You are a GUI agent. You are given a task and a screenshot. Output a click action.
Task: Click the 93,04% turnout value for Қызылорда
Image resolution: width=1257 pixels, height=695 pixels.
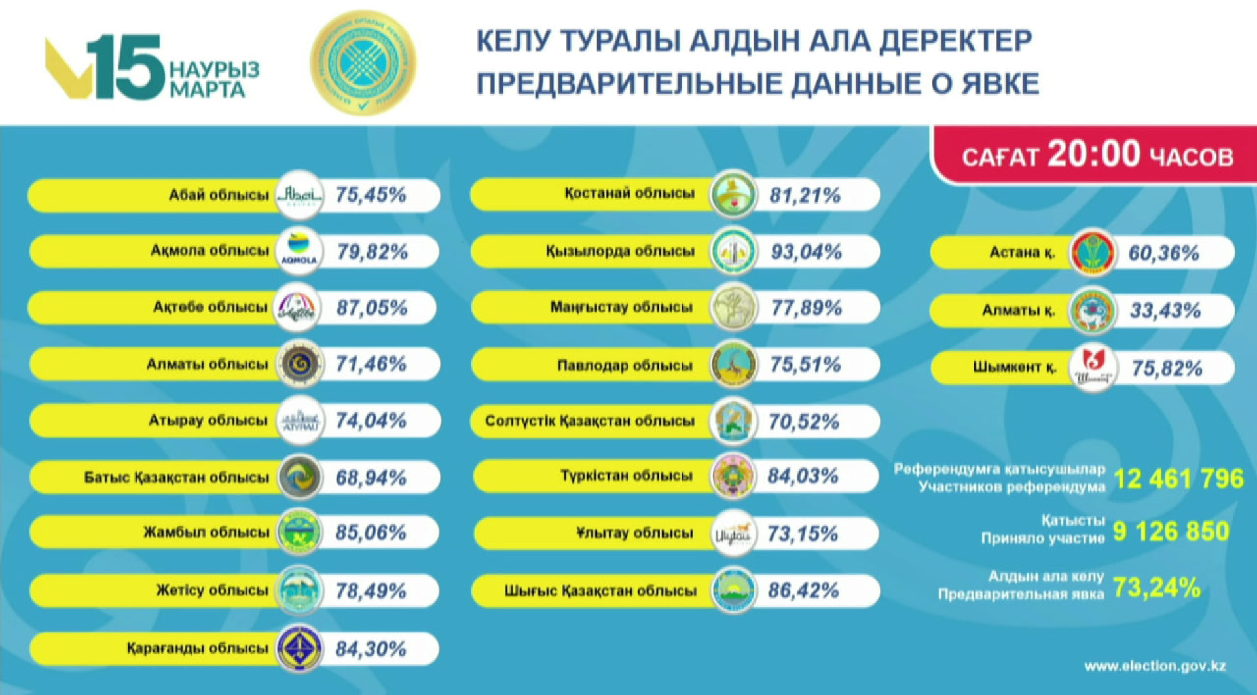tap(806, 252)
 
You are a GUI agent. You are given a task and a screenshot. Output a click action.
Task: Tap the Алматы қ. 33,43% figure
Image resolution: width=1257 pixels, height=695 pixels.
tap(1165, 311)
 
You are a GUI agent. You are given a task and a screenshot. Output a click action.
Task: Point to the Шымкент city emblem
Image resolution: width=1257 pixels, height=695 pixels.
tap(1093, 368)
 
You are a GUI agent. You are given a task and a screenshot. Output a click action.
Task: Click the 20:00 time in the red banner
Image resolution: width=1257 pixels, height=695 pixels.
tap(1094, 154)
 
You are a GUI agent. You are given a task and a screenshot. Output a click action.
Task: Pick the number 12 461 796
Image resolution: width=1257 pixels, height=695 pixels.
tap(1178, 479)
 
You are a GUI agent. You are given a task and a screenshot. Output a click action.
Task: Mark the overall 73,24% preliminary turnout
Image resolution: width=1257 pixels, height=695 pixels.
tap(1156, 588)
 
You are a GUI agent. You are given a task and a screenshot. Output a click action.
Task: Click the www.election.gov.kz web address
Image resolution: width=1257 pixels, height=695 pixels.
tap(1155, 666)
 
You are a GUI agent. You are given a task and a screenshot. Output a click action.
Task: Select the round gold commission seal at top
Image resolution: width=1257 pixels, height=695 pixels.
tap(363, 63)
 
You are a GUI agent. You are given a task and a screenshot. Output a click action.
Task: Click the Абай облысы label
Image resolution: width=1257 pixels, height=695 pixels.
tap(219, 195)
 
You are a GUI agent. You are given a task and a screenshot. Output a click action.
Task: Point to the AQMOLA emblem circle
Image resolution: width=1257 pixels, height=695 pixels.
tap(299, 251)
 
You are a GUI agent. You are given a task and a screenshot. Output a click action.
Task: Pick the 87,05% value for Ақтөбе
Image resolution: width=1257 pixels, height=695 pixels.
tap(371, 308)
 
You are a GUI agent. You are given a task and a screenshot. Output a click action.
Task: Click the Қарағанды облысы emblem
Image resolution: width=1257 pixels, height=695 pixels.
tap(299, 649)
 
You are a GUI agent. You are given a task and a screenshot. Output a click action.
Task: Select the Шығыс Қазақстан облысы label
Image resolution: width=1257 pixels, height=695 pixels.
tap(600, 591)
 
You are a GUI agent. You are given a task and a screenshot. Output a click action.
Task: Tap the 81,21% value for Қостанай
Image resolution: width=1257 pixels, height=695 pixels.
tap(805, 195)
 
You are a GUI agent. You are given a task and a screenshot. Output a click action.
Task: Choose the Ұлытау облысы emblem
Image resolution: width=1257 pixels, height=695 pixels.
tap(733, 534)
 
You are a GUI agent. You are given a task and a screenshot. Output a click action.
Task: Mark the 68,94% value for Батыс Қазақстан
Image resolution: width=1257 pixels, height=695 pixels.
tap(371, 478)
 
